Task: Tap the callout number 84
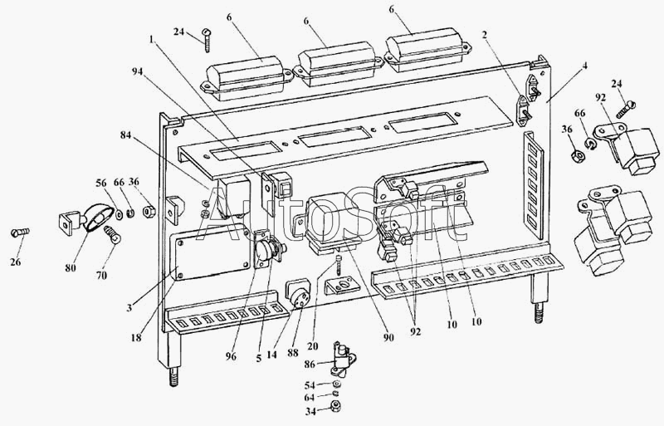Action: coord(126,135)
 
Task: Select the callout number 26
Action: coord(16,262)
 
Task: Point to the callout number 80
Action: coord(71,268)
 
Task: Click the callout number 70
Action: coord(101,275)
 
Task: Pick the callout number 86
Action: coord(310,364)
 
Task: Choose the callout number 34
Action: coord(310,411)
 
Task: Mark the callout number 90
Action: coord(388,337)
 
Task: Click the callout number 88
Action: coord(293,353)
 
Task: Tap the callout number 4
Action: coord(585,66)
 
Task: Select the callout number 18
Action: coord(136,338)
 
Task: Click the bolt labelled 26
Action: coord(20,233)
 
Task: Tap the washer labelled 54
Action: coord(337,384)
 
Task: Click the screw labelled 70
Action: coord(111,234)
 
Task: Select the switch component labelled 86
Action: coord(343,359)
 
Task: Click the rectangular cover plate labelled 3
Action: coord(211,252)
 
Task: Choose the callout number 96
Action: coord(232,357)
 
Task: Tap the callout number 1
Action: coord(151,39)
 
